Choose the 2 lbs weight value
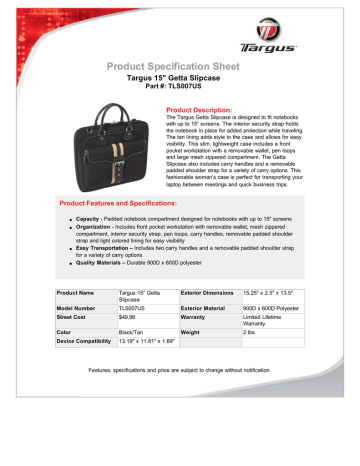250,372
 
